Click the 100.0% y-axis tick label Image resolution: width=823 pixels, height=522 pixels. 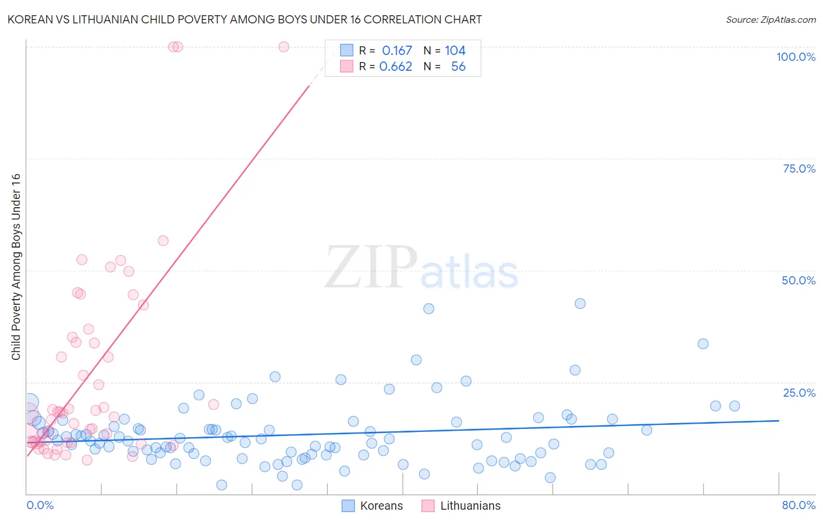795,57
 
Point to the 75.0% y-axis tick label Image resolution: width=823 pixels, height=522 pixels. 799,169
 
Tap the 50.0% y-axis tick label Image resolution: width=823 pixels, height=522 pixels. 798,280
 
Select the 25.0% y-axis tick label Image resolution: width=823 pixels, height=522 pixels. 799,393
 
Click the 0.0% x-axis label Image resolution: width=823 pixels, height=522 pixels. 40,505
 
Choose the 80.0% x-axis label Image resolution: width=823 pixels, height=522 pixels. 798,505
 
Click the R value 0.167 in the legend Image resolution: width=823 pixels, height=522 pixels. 397,51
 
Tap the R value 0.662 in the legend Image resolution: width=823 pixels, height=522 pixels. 396,67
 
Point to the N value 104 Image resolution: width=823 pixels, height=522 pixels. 455,51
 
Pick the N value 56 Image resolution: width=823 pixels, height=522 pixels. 458,67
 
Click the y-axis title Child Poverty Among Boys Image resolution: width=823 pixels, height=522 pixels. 16,267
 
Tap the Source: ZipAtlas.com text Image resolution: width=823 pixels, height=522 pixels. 770,20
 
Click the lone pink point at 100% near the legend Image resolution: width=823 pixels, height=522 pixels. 284,47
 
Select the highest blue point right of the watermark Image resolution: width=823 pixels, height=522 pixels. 580,303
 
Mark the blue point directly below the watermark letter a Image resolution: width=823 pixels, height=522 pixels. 428,308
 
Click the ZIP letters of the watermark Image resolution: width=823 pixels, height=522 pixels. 371,267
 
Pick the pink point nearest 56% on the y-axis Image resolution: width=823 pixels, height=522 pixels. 163,241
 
